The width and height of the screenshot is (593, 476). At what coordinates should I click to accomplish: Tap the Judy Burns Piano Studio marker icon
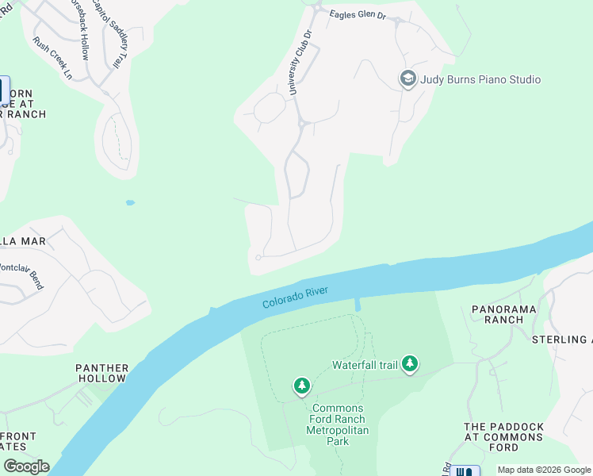407,79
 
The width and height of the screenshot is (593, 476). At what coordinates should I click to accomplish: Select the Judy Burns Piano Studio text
480,79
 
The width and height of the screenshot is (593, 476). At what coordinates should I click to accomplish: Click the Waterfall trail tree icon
409,364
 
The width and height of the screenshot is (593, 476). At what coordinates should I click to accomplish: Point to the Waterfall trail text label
365,365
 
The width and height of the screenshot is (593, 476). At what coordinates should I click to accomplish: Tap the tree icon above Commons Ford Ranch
301,386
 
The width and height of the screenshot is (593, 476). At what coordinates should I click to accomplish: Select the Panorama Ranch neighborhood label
503,314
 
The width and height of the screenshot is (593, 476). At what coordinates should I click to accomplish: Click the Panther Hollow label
101,373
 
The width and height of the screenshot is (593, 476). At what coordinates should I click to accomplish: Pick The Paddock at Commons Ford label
503,437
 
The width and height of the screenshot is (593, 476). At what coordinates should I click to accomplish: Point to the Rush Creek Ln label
52,59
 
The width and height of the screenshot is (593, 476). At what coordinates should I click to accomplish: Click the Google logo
26,466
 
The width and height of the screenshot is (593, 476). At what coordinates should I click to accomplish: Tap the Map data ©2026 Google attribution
543,470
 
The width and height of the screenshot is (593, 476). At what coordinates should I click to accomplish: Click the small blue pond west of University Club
129,203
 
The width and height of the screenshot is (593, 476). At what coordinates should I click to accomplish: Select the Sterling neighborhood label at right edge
560,340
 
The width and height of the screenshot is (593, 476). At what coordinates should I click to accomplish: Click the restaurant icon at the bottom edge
465,471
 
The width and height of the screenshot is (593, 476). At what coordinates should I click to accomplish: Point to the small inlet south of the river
359,305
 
